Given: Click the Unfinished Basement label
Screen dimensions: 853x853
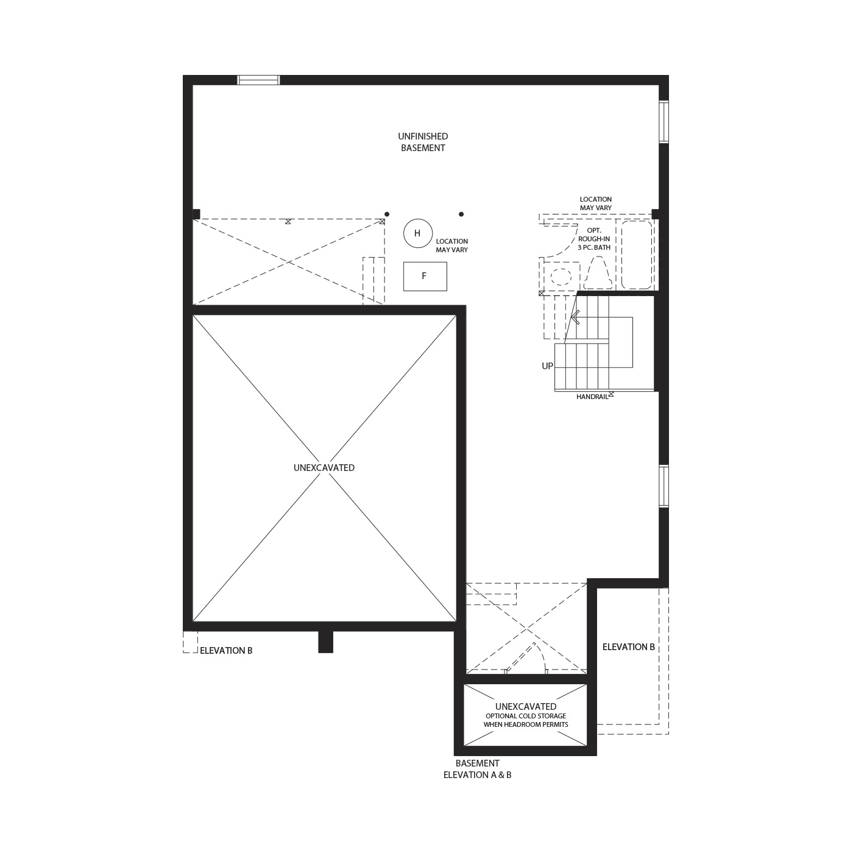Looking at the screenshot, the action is [423, 142].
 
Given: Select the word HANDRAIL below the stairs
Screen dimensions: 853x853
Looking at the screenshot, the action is [592, 397].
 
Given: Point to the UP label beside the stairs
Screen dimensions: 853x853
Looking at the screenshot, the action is [548, 366].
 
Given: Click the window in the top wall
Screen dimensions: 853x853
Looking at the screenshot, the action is [258, 80].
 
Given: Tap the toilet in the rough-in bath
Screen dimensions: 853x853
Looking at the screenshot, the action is [598, 274].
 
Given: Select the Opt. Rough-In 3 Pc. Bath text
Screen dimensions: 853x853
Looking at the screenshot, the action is [594, 239].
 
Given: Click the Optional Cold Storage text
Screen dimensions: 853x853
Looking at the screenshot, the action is [526, 720].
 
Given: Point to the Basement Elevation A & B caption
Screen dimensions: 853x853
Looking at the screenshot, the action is [477, 770].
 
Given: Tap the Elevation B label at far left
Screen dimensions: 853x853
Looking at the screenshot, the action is [226, 651].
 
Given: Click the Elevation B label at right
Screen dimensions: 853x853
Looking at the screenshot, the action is [629, 647].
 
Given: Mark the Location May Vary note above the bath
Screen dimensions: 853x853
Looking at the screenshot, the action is [596, 204].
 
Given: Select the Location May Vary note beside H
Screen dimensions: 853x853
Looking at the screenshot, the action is [452, 246].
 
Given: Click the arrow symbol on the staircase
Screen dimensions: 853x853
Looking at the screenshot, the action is [575, 317].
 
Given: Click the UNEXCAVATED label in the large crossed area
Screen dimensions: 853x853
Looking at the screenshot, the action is [324, 468].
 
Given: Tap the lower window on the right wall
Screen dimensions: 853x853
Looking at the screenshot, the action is [664, 486].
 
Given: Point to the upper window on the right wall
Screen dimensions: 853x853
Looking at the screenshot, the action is [664, 122].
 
